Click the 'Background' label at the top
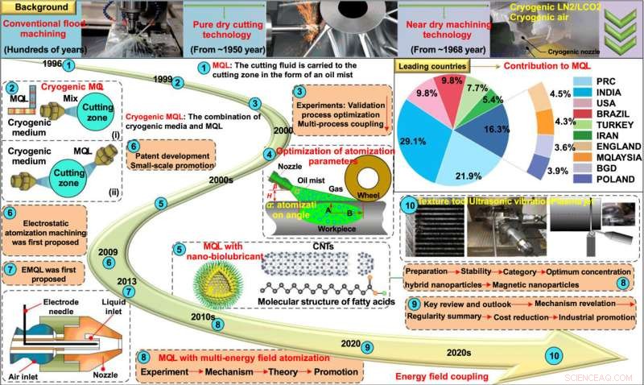coord(31,6)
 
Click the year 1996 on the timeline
coord(47,61)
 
